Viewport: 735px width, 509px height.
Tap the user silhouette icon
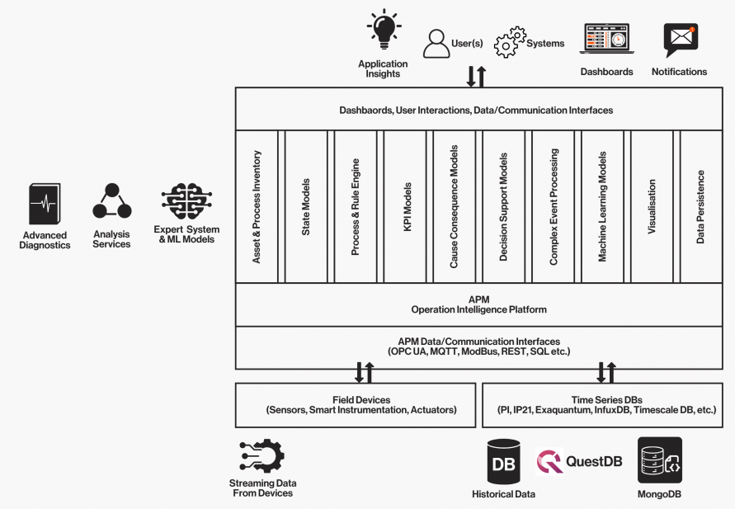[x=436, y=43]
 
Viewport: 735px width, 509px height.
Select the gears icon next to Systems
[x=510, y=42]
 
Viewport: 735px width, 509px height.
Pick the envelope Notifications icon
[x=681, y=40]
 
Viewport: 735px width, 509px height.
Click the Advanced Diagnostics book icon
[x=45, y=204]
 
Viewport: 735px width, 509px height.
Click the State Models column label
[x=306, y=206]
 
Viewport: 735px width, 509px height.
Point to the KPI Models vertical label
[x=406, y=206]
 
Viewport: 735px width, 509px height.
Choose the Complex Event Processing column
[x=554, y=206]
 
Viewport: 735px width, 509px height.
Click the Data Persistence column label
[x=701, y=206]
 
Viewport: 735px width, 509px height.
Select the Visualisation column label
[x=652, y=206]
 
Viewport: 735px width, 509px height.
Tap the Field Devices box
[x=356, y=404]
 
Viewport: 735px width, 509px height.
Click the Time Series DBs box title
[x=606, y=399]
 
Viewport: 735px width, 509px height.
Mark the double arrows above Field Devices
[x=363, y=372]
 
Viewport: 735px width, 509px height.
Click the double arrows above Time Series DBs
[x=606, y=372]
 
